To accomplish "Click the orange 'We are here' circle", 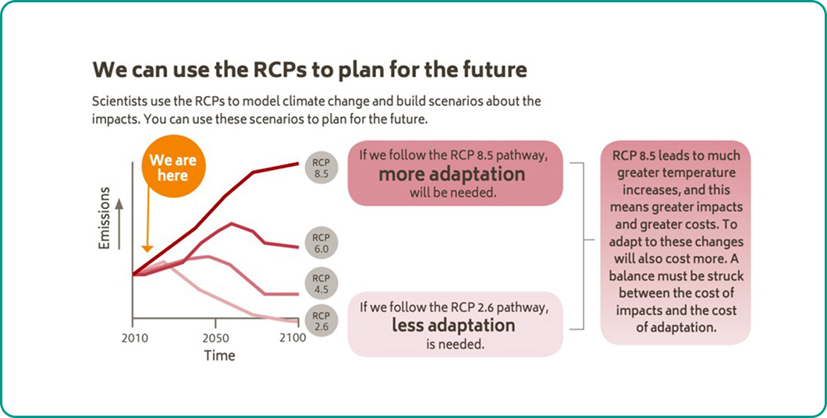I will click(x=173, y=168).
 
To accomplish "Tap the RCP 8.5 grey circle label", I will click(x=321, y=168).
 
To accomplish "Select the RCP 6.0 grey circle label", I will click(x=321, y=243).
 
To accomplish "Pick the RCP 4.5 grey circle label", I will click(x=321, y=284).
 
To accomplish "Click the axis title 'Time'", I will click(x=219, y=356).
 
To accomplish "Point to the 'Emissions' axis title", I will click(x=105, y=218).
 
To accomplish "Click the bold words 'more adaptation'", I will click(x=452, y=174).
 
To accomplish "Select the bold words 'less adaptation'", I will click(x=453, y=324).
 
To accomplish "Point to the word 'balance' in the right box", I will click(x=638, y=277).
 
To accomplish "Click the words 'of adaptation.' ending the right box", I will click(x=676, y=328).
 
